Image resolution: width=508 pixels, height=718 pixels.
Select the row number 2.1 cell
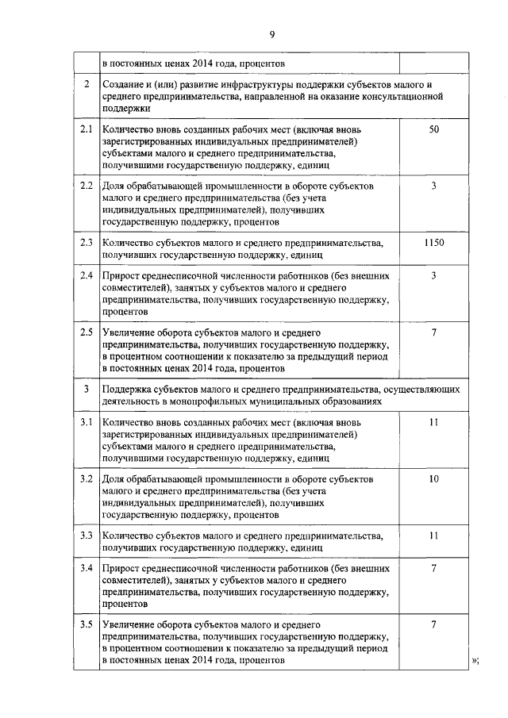[x=87, y=129]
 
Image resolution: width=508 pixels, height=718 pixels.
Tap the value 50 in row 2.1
[x=433, y=129]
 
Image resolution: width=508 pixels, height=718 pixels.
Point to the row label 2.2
[x=87, y=186]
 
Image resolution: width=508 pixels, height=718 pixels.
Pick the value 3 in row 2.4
[x=433, y=275]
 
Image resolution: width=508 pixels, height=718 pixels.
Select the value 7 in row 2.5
[x=433, y=332]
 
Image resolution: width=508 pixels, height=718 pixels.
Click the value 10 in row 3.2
[x=433, y=479]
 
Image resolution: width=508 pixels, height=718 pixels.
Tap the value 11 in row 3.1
[x=433, y=422]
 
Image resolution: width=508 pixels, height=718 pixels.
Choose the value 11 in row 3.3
[x=433, y=536]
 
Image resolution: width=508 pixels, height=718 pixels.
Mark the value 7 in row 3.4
[x=433, y=569]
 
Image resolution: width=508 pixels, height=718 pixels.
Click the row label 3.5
[x=87, y=626]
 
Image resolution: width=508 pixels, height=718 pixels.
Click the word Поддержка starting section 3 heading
[x=129, y=390]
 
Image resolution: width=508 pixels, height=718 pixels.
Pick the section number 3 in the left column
[x=87, y=390]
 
